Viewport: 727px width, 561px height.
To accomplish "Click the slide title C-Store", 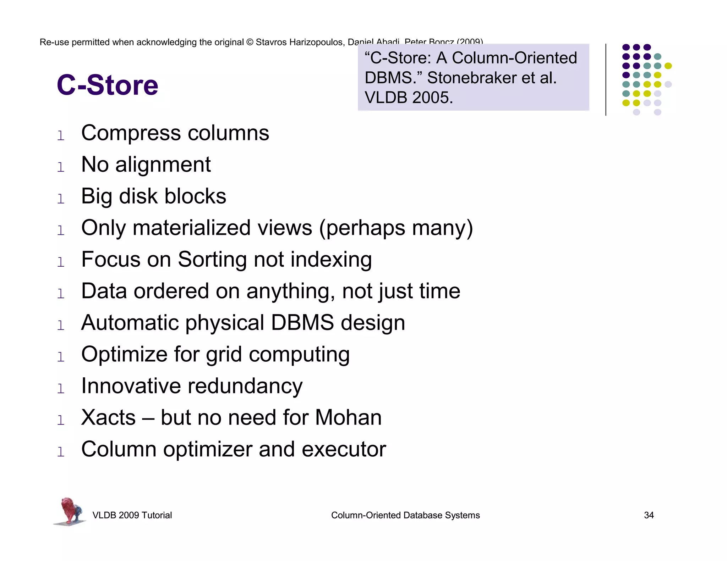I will pos(108,85).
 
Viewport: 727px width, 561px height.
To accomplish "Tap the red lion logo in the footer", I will pos(70,511).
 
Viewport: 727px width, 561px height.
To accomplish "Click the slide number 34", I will pos(649,515).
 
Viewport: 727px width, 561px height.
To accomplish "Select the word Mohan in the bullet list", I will pos(348,417).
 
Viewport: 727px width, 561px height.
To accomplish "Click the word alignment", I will pos(163,165).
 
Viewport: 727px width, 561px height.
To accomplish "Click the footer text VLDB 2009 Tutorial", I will pos(132,515).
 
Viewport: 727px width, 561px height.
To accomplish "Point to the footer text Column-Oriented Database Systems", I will pos(405,515).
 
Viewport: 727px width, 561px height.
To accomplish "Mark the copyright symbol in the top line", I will pos(250,42).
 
